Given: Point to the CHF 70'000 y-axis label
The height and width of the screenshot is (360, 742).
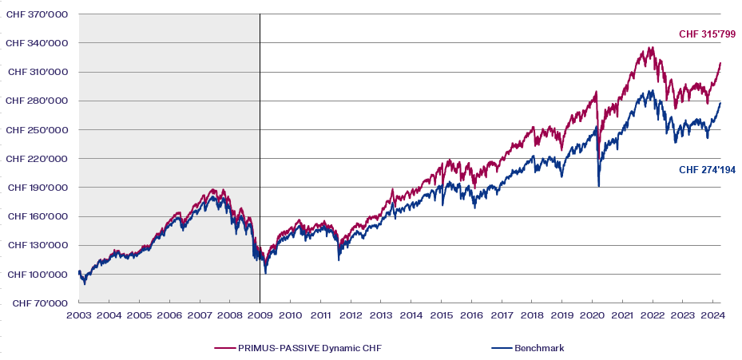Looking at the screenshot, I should coord(38,303).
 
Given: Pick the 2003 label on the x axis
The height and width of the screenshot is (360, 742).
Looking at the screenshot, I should coord(78,315).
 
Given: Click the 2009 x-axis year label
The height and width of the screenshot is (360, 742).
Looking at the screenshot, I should coord(260,315).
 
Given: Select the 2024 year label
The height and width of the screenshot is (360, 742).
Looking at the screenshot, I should coord(712,315).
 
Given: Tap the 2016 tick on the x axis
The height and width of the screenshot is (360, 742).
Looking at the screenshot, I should coord(471,315).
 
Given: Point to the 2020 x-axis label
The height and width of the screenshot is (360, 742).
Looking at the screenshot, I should coord(592,315).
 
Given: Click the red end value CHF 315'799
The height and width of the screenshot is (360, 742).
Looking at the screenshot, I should coord(707,34).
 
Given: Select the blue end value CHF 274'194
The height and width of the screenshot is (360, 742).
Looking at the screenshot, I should coord(707,169).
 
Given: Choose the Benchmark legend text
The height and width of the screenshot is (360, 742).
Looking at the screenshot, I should coord(539,348).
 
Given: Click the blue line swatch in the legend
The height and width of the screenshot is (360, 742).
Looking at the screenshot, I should coord(501,348).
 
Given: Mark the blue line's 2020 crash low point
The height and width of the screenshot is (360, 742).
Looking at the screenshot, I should coord(599,186).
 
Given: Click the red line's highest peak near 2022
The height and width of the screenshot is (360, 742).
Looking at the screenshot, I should coord(653,48).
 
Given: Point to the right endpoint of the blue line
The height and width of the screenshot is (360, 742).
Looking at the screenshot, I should coord(720,103).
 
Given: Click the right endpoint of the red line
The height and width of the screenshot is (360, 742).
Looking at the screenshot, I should coord(720,63).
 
